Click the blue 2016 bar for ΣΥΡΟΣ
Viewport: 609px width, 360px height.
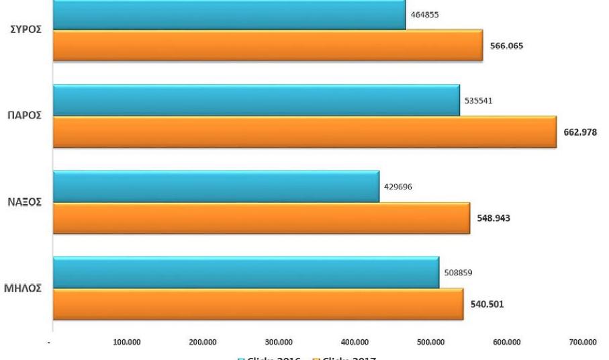coord(228,15)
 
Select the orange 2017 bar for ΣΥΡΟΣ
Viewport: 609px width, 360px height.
coord(267,46)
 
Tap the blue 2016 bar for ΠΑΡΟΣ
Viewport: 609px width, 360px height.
coord(256,100)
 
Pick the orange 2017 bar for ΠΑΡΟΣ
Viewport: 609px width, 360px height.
coord(304,132)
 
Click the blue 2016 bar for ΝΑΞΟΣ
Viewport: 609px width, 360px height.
coord(216,186)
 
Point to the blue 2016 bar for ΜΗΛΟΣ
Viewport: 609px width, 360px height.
coord(245,272)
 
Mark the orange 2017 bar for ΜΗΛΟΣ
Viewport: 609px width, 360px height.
coord(258,304)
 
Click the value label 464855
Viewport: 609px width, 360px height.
coord(426,15)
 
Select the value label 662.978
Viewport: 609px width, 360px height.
coord(581,132)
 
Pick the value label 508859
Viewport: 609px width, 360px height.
coord(459,273)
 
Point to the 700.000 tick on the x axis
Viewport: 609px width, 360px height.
coord(582,342)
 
